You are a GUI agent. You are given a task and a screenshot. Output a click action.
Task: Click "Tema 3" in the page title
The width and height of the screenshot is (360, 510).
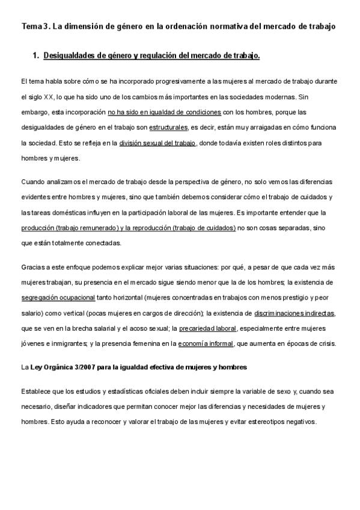(x=34, y=26)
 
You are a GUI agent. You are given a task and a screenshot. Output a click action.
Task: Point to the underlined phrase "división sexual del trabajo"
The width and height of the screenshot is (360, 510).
(x=157, y=143)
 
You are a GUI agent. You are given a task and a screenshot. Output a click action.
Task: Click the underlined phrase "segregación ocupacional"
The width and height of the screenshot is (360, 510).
(x=58, y=297)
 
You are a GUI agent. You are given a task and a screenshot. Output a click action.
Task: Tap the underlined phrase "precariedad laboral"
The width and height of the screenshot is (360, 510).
(x=208, y=328)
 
